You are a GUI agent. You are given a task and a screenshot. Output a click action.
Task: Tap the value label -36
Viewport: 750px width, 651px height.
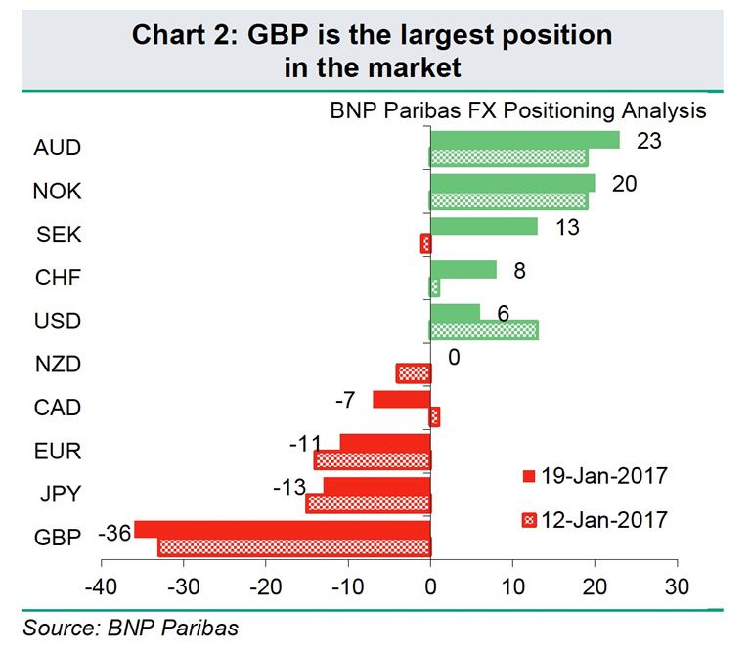[114, 535]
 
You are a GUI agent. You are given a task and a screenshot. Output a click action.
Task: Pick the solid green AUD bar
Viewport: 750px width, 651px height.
[524, 140]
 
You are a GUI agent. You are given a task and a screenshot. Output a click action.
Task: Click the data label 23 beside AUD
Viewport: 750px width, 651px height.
[648, 141]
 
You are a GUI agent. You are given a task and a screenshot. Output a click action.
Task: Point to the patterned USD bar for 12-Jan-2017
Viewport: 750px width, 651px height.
[484, 330]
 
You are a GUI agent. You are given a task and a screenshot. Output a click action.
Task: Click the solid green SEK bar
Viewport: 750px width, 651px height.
[484, 226]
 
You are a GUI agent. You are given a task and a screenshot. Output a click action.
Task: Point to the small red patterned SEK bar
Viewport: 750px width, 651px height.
[425, 243]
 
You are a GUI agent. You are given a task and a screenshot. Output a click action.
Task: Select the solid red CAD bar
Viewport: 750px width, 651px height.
[402, 399]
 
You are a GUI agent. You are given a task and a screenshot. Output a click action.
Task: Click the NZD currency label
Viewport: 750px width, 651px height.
[58, 365]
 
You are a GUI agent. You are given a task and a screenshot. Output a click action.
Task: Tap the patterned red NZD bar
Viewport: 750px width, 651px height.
[413, 372]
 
